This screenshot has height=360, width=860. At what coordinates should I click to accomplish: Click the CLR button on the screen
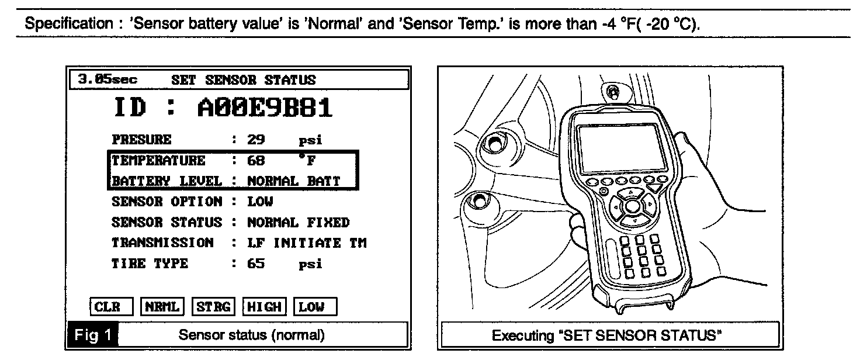[111, 306]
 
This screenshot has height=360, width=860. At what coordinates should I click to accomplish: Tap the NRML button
[162, 306]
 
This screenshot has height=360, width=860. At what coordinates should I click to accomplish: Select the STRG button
[213, 306]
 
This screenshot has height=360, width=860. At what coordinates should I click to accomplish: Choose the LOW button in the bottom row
[315, 306]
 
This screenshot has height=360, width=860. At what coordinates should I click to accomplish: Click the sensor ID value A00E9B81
[265, 109]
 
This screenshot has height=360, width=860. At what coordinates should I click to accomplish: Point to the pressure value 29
[256, 140]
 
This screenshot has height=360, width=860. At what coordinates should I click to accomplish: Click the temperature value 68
[256, 160]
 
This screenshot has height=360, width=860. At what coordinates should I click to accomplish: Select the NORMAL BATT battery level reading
[293, 181]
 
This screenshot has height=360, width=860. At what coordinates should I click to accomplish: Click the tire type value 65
[256, 263]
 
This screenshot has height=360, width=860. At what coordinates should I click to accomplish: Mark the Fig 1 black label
[92, 335]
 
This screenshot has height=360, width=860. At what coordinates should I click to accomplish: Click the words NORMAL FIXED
[298, 222]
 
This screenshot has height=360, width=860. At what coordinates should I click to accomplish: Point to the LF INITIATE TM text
[307, 243]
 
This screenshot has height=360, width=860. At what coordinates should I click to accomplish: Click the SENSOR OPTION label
[167, 202]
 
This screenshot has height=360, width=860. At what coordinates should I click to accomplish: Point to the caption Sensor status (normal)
[251, 335]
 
